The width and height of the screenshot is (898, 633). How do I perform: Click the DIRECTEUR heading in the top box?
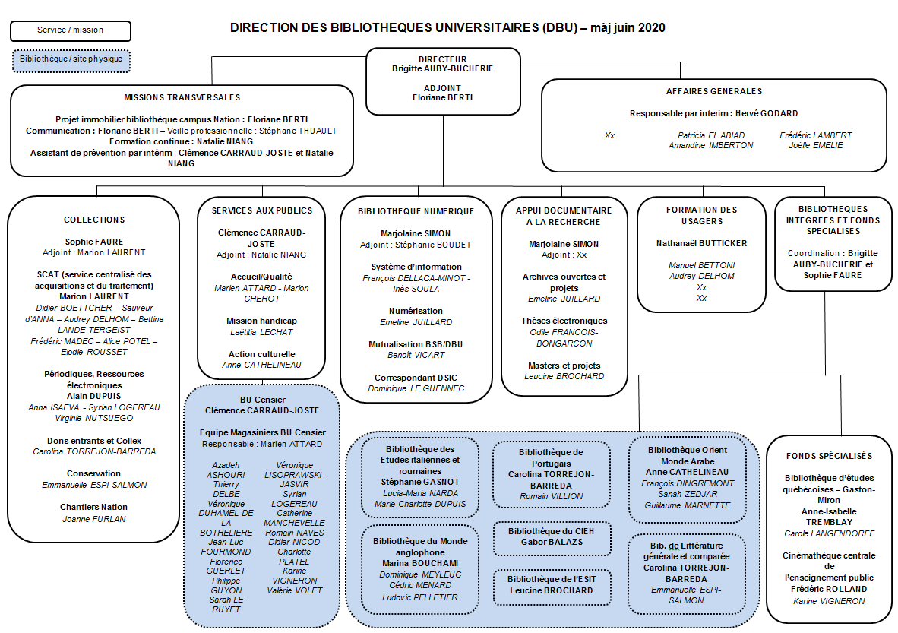point(443,59)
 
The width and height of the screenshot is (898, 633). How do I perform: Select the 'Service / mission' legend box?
point(71,30)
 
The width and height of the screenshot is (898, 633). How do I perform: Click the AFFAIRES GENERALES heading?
point(713,91)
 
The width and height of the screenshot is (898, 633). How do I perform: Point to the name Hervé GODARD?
point(767,113)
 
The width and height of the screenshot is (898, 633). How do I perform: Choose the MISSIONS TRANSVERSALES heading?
point(182,97)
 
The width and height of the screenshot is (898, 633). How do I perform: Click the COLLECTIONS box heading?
point(94,220)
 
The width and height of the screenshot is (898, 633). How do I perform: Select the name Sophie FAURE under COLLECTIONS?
point(94,242)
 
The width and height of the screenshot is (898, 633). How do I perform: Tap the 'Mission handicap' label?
point(261,321)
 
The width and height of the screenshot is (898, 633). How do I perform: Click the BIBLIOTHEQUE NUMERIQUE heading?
point(416,211)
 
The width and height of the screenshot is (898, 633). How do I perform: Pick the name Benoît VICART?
point(416,355)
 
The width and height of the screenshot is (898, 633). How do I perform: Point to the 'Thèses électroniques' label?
point(564,321)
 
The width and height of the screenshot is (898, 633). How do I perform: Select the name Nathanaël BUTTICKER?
point(701,243)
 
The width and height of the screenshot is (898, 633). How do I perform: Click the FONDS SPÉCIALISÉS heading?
point(828,456)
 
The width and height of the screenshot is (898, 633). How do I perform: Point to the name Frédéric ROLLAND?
point(828,589)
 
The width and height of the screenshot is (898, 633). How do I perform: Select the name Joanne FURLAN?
point(94,519)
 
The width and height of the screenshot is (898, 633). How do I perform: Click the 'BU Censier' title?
point(261,400)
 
